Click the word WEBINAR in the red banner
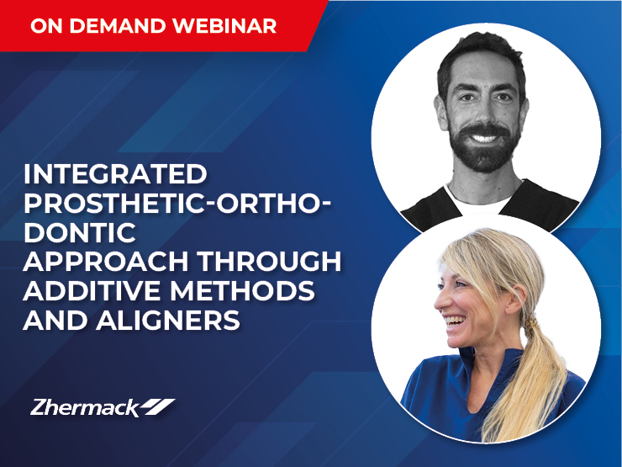point(224,26)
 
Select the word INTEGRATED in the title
point(115,174)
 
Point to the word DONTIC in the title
point(80,232)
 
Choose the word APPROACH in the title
point(106,262)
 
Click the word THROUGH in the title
point(269,262)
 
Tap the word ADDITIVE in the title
point(92,290)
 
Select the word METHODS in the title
point(243,290)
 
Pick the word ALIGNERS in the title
point(168,320)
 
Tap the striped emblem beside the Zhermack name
point(158,406)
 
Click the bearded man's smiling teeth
point(483,139)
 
